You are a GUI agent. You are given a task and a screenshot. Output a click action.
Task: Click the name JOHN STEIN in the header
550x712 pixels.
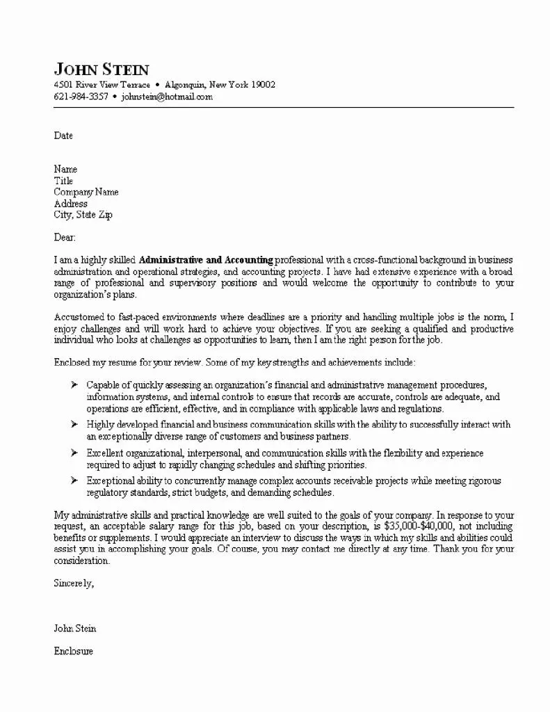102,69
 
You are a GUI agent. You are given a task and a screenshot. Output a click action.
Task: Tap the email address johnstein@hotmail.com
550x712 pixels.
167,97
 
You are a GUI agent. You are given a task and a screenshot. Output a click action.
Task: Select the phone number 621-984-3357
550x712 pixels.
81,97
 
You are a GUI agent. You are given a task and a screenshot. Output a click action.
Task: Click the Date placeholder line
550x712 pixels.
63,136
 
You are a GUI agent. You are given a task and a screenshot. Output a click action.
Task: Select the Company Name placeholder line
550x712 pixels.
86,192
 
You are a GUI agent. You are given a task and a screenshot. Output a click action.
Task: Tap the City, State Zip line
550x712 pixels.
83,215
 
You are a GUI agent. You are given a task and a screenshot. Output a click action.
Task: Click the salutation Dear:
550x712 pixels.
65,238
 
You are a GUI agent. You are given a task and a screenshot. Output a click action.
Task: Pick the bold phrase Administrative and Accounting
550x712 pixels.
206,260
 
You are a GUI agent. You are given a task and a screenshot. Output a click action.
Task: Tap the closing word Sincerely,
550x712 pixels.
74,583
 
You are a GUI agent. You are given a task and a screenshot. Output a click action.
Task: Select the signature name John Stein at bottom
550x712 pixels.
75,629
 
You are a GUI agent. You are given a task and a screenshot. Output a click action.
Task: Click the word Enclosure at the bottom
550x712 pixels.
73,652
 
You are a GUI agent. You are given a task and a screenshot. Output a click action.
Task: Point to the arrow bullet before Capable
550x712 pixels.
74,385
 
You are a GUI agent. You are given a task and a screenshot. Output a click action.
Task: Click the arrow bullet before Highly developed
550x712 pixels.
74,423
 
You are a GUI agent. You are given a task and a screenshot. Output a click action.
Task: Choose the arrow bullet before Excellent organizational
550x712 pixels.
74,453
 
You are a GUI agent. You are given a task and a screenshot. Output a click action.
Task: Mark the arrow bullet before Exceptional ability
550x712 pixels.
74,480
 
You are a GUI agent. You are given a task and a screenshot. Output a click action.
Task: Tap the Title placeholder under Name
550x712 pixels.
63,181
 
